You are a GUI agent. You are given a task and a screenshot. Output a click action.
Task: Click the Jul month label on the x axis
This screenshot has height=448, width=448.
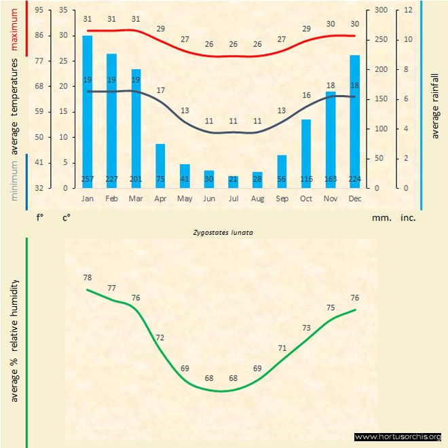pyautogui.click(x=233, y=199)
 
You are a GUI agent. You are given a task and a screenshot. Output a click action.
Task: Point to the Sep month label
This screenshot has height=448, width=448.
pyautogui.click(x=282, y=199)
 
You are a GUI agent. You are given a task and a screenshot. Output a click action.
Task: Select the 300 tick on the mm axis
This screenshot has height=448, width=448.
pyautogui.click(x=380, y=10)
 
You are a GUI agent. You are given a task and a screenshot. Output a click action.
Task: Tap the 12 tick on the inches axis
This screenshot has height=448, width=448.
pyautogui.click(x=409, y=10)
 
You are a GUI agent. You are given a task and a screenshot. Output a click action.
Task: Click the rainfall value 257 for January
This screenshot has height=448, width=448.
pyautogui.click(x=88, y=179)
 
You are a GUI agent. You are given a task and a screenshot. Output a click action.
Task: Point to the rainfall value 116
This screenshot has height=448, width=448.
pyautogui.click(x=306, y=179)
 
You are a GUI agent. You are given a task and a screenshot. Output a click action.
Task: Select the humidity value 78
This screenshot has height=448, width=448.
pyautogui.click(x=88, y=277)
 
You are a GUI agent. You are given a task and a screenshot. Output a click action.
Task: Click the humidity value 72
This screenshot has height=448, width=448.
pyautogui.click(x=160, y=337)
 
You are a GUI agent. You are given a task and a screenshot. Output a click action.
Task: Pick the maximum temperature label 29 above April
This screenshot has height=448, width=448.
pyautogui.click(x=160, y=29)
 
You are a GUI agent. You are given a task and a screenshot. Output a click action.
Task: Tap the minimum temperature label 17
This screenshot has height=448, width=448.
pyautogui.click(x=160, y=90)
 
